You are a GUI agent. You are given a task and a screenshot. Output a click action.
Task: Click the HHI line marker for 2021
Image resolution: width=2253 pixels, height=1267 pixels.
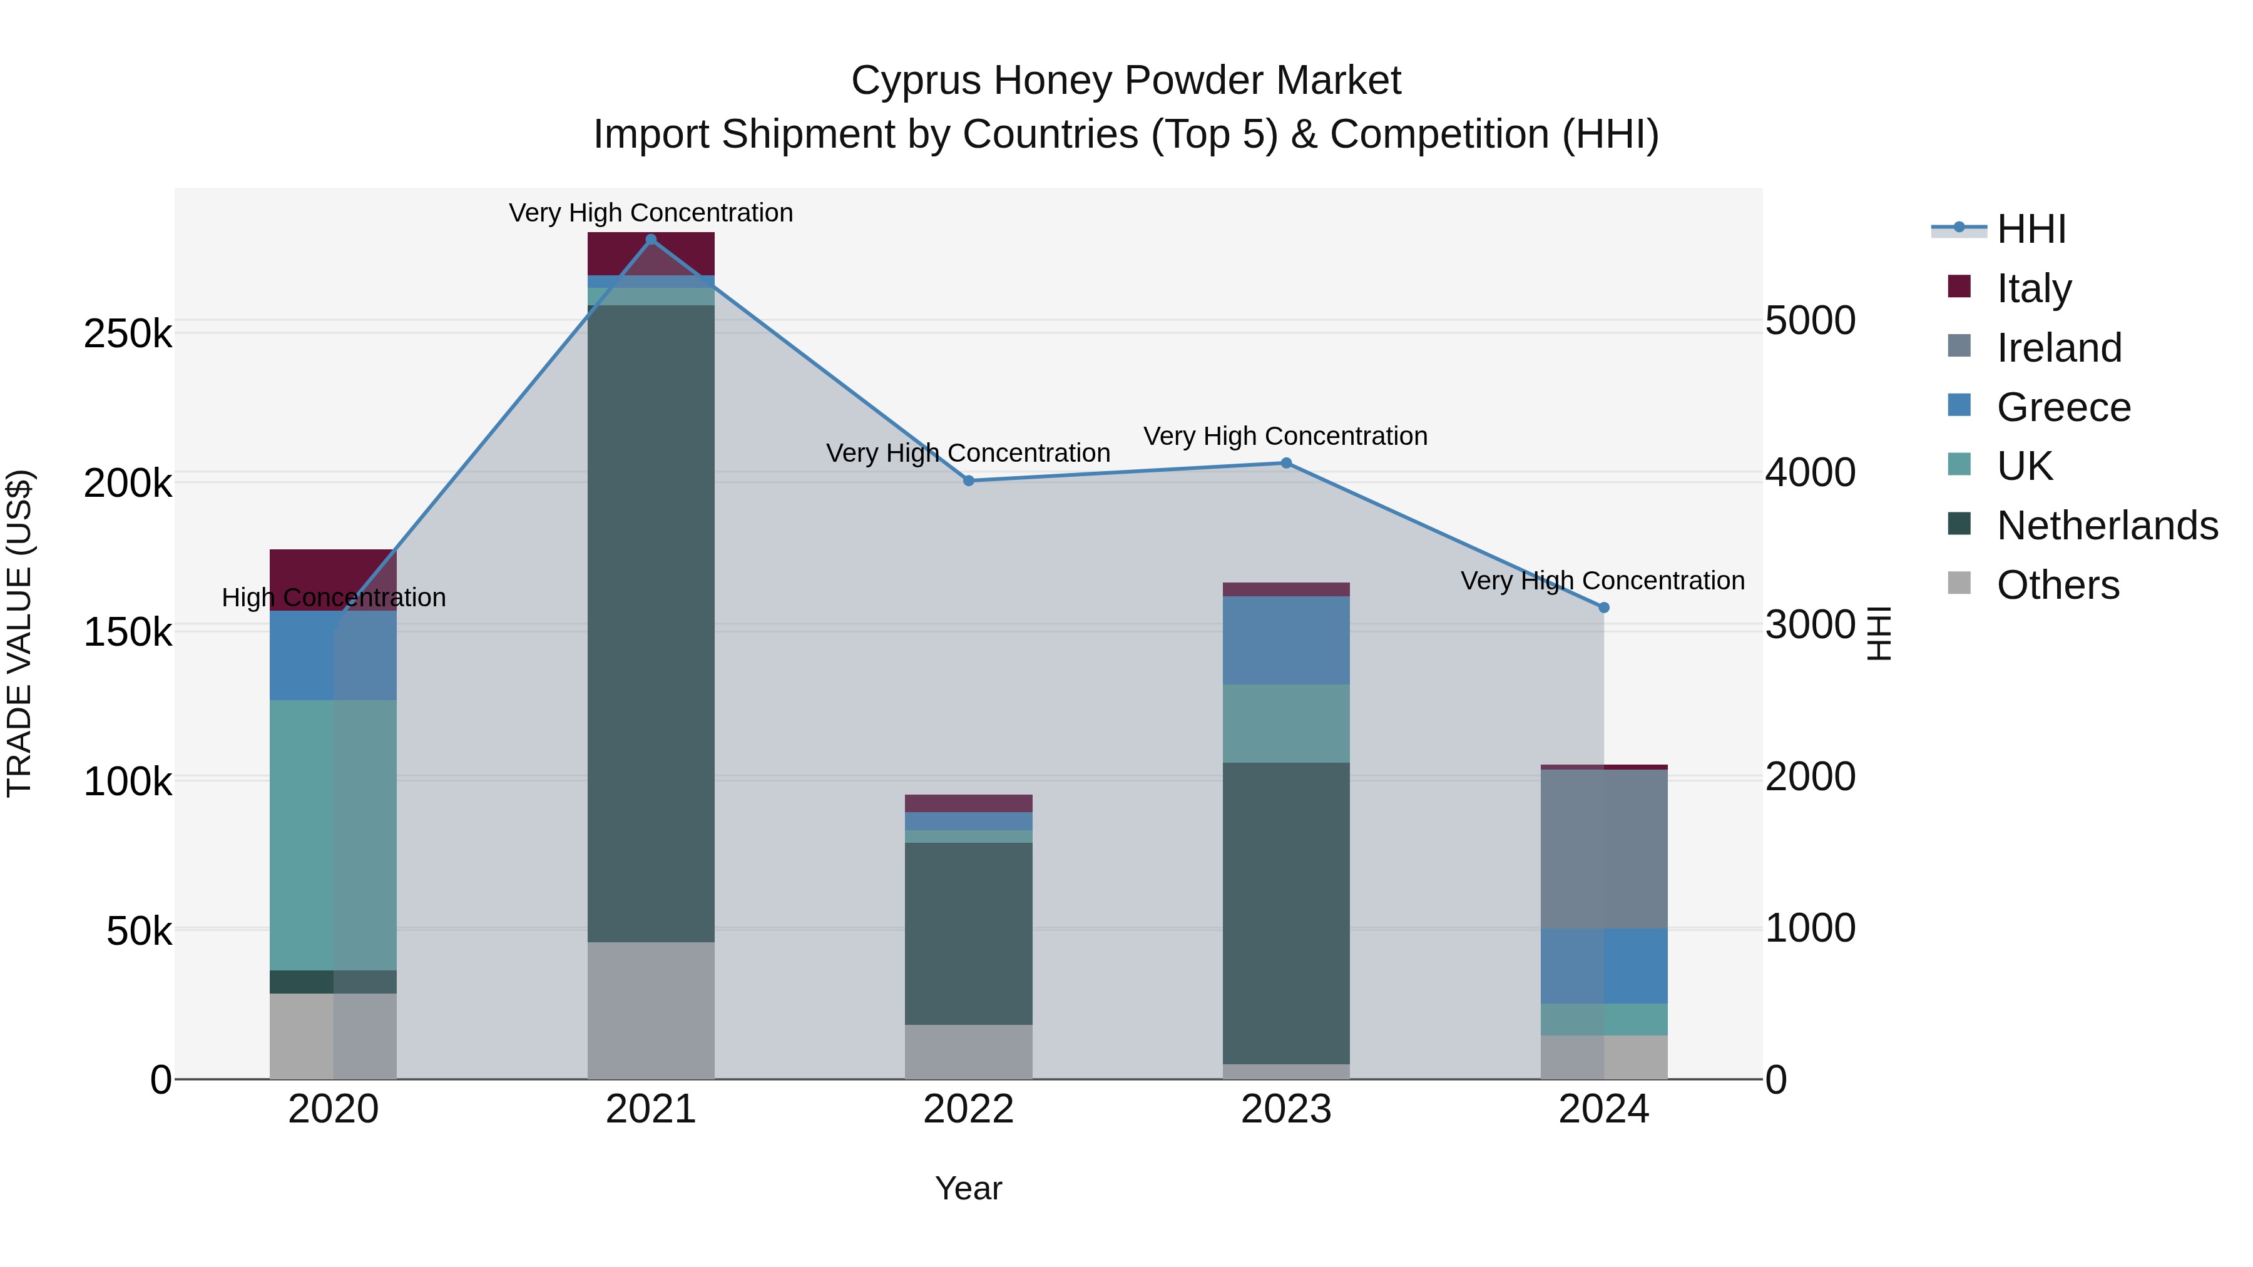651,240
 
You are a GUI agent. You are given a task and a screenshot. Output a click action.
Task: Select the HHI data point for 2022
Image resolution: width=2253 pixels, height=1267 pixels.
968,481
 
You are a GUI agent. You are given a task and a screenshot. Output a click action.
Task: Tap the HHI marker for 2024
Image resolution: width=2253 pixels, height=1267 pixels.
1604,608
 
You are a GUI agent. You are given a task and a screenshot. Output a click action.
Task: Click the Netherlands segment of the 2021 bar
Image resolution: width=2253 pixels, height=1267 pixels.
651,623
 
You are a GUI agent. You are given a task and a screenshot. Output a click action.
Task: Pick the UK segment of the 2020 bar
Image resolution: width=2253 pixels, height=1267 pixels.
332,835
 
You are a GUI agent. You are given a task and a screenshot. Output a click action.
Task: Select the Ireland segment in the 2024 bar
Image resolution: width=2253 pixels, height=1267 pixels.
1604,848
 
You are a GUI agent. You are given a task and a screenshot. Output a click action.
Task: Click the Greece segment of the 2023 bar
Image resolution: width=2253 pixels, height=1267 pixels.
1285,640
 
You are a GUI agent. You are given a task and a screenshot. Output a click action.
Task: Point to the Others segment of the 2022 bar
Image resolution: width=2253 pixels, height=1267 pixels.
968,1051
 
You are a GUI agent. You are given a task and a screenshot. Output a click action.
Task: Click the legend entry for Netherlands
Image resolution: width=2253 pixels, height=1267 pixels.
2106,526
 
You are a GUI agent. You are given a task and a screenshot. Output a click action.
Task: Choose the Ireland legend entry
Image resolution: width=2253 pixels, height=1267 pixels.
2059,348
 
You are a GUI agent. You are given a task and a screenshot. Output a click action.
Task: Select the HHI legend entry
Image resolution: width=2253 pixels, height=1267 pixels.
2031,229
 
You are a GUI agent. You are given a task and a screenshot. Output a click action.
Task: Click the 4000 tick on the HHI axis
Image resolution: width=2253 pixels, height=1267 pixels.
1809,473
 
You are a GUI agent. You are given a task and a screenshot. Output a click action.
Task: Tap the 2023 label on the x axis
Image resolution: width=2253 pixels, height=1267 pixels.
1285,1109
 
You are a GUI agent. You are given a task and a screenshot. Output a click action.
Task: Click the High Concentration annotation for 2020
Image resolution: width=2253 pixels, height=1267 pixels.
333,598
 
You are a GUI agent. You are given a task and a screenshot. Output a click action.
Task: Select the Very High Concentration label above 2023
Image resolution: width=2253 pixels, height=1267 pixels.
1285,436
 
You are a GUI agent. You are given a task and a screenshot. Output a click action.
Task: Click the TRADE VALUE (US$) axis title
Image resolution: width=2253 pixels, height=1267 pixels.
19,633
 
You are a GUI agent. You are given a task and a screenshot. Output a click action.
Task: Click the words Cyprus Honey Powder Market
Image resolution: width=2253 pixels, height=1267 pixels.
1126,81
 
